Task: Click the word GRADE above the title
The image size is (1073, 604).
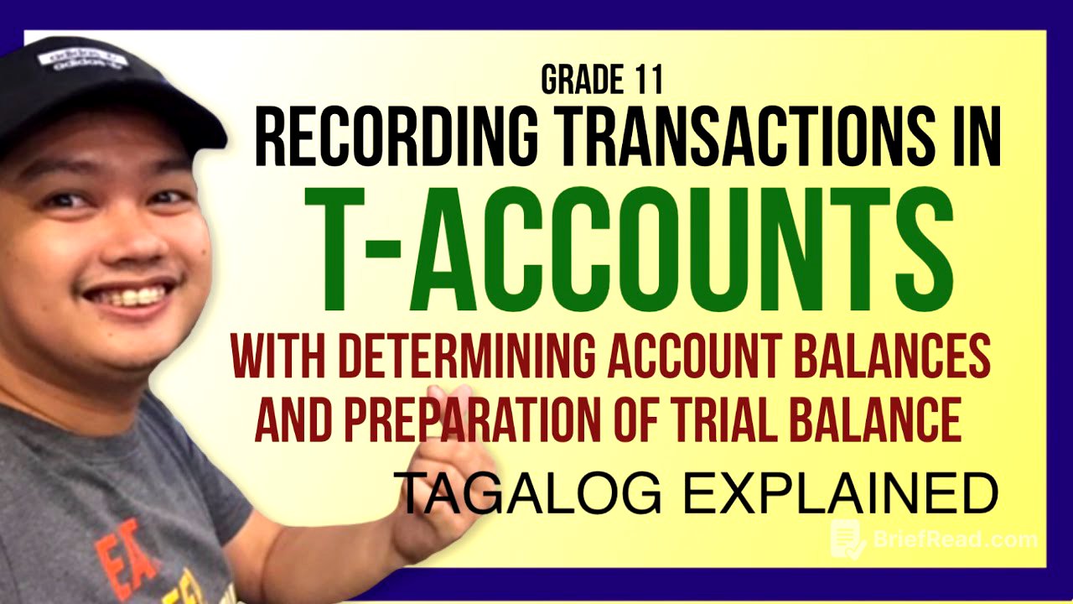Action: pyautogui.click(x=579, y=80)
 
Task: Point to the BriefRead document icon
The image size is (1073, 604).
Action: pyautogui.click(x=848, y=539)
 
